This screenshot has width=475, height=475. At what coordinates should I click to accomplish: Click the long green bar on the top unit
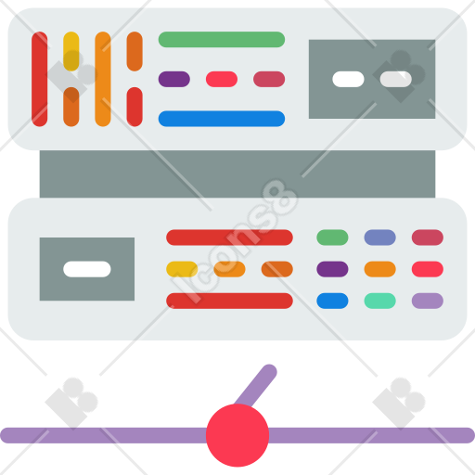[x=222, y=39]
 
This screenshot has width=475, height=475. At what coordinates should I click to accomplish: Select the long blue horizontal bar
[x=222, y=119]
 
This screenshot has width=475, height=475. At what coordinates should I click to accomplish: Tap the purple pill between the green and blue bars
[x=174, y=79]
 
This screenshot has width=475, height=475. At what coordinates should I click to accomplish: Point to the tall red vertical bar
[x=40, y=79]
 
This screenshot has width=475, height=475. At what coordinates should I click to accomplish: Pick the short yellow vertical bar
[x=71, y=51]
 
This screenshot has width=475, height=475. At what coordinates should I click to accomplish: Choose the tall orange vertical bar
[x=103, y=79]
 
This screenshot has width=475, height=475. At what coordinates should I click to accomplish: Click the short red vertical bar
[x=135, y=107]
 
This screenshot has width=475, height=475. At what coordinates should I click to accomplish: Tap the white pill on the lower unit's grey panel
[x=87, y=269]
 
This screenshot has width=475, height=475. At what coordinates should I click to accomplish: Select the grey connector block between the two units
[x=237, y=173]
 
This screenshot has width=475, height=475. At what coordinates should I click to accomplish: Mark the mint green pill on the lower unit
[x=379, y=301]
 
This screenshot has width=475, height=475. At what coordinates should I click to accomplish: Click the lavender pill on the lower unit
[x=428, y=301]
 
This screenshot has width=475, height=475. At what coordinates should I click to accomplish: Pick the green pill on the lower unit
[x=332, y=237]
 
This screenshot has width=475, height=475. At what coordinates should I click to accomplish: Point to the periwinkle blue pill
[x=379, y=237]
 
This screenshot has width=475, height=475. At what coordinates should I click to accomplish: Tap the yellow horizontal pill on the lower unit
[x=182, y=269]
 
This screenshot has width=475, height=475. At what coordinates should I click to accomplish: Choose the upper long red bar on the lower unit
[x=229, y=237]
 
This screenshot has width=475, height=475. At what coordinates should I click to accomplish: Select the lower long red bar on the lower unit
[x=229, y=301]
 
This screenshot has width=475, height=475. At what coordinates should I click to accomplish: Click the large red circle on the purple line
[x=237, y=435]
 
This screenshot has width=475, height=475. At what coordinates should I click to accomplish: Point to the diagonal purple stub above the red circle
[x=256, y=385]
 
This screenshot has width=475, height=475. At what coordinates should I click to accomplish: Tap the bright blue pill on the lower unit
[x=332, y=301]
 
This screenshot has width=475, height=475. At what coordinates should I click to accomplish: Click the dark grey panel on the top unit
[x=372, y=79]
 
